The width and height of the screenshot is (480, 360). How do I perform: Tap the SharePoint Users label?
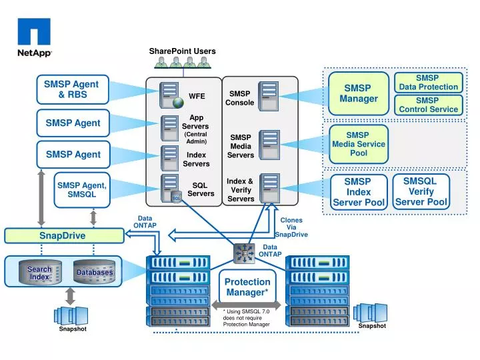[x=182, y=51]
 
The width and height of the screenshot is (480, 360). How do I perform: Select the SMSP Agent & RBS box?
[x=71, y=89]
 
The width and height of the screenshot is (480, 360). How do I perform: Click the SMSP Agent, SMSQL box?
[x=81, y=190]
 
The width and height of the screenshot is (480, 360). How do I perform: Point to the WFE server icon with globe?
[x=171, y=95]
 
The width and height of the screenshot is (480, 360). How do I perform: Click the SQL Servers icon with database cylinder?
[x=171, y=189]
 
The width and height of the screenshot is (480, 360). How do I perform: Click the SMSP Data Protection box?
[x=428, y=83]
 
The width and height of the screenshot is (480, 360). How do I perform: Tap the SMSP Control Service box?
[x=428, y=105]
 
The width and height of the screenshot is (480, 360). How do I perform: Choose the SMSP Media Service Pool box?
[x=359, y=144]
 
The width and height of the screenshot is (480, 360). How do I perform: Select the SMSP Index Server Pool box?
[x=359, y=192]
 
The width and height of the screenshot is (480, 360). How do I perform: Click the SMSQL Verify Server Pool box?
[x=420, y=191]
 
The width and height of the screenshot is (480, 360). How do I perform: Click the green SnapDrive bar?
[x=63, y=235]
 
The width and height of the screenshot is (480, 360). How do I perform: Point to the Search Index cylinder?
[x=40, y=273]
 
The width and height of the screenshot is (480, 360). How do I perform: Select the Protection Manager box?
[x=247, y=287]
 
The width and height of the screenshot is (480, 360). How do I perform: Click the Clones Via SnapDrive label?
[x=291, y=227]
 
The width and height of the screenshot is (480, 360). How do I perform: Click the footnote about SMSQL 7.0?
[x=247, y=318]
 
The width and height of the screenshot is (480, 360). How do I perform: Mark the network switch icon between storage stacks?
[x=244, y=253]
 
